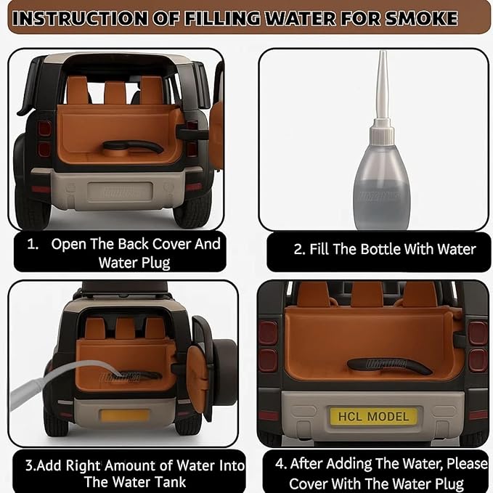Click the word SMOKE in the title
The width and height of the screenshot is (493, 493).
(x=421, y=18)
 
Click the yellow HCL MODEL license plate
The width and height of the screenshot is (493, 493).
(x=373, y=416)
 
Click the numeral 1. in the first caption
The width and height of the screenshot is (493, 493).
(x=33, y=244)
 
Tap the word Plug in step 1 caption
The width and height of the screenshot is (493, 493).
(x=156, y=263)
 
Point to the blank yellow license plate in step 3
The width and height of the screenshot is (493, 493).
(x=124, y=415)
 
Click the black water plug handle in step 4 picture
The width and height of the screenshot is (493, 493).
(x=390, y=365)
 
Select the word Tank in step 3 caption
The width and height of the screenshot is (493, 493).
(x=171, y=482)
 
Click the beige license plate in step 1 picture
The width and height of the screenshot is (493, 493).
(x=120, y=192)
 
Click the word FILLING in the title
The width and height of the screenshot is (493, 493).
(x=222, y=18)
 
